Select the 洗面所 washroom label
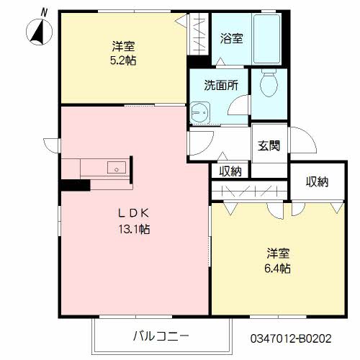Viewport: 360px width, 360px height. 219,84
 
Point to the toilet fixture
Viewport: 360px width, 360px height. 269,84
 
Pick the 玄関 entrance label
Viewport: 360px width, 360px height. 269,143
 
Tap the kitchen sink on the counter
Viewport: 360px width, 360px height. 116,168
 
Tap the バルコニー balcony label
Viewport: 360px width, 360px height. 160,336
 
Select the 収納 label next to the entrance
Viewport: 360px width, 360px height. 230,171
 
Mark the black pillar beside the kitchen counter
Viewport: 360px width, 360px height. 74,185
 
